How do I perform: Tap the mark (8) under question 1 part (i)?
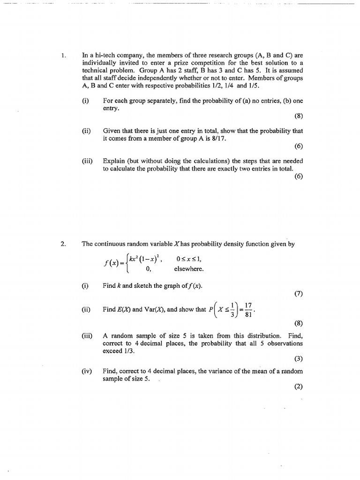[298, 116]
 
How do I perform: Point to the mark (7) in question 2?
[298, 294]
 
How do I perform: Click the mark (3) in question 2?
[298, 359]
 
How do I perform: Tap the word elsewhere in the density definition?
[189, 269]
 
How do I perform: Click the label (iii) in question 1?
[87, 161]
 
